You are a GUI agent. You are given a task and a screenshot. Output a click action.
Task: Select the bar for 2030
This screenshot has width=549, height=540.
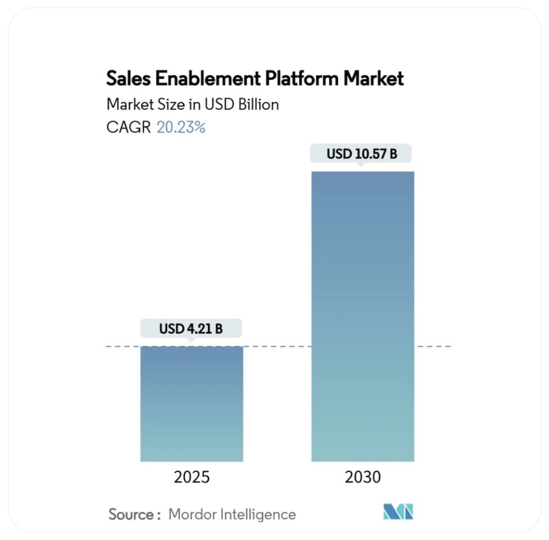pos(362,316)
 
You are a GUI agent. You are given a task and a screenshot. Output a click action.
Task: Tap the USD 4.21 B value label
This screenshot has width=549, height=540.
pos(191,329)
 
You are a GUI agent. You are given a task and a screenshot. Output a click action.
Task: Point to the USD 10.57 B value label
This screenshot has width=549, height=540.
pos(362,154)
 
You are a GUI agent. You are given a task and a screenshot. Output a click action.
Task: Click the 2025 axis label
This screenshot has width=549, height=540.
pos(191,477)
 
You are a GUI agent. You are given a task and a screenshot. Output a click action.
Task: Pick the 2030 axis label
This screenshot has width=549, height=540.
pos(362,477)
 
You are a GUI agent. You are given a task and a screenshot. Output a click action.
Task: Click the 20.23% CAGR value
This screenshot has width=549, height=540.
pos(181,127)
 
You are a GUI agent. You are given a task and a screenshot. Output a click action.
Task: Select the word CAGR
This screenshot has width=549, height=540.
pos(129,127)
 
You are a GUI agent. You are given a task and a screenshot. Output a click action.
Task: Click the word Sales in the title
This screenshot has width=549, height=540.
pos(127,79)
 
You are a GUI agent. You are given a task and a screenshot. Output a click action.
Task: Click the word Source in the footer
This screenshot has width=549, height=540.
pos(131,514)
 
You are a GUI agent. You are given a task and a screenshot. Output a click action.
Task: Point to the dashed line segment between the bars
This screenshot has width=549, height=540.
pos(277,347)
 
